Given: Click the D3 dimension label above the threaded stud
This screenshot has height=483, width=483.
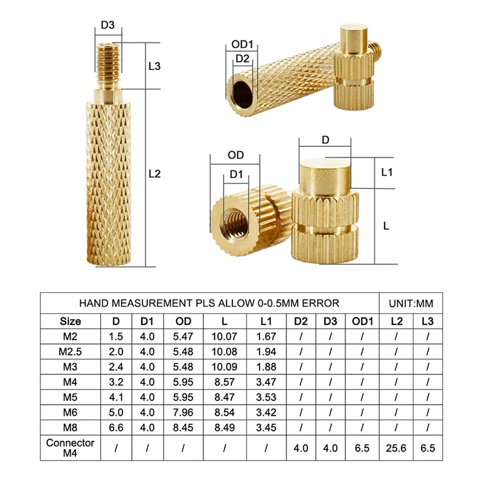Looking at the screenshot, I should pyautogui.click(x=107, y=25).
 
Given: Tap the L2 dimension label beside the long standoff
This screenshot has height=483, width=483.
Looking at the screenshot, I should pyautogui.click(x=155, y=174).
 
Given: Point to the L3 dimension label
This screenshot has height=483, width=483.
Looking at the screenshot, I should pyautogui.click(x=155, y=66).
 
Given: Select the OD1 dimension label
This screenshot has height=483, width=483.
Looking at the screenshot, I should pyautogui.click(x=242, y=45).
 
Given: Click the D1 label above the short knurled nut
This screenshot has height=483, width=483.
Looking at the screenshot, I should pyautogui.click(x=236, y=175).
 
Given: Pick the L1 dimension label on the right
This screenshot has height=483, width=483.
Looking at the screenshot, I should pyautogui.click(x=387, y=172).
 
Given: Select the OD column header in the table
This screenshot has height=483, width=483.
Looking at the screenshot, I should pyautogui.click(x=183, y=321).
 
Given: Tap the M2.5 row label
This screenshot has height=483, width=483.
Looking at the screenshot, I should pyautogui.click(x=71, y=351).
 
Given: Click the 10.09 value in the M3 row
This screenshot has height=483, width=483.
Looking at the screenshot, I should pyautogui.click(x=225, y=366).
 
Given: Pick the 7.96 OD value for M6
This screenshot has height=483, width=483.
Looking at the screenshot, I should pyautogui.click(x=183, y=412).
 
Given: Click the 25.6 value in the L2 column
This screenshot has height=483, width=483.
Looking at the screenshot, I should pyautogui.click(x=396, y=449).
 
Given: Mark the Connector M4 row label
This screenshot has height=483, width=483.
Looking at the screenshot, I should pyautogui.click(x=71, y=449).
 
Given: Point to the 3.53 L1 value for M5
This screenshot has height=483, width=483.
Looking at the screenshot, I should pyautogui.click(x=266, y=397).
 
